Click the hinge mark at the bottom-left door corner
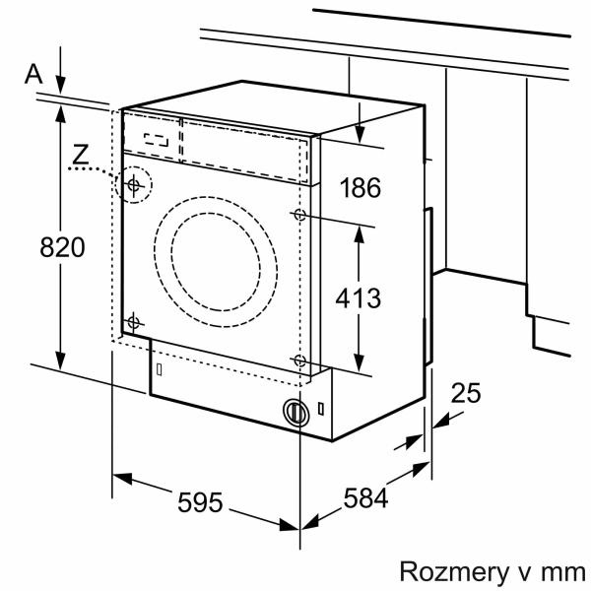coord(135,321)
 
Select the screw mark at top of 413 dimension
coord(299,215)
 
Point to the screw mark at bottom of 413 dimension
coord(299,361)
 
